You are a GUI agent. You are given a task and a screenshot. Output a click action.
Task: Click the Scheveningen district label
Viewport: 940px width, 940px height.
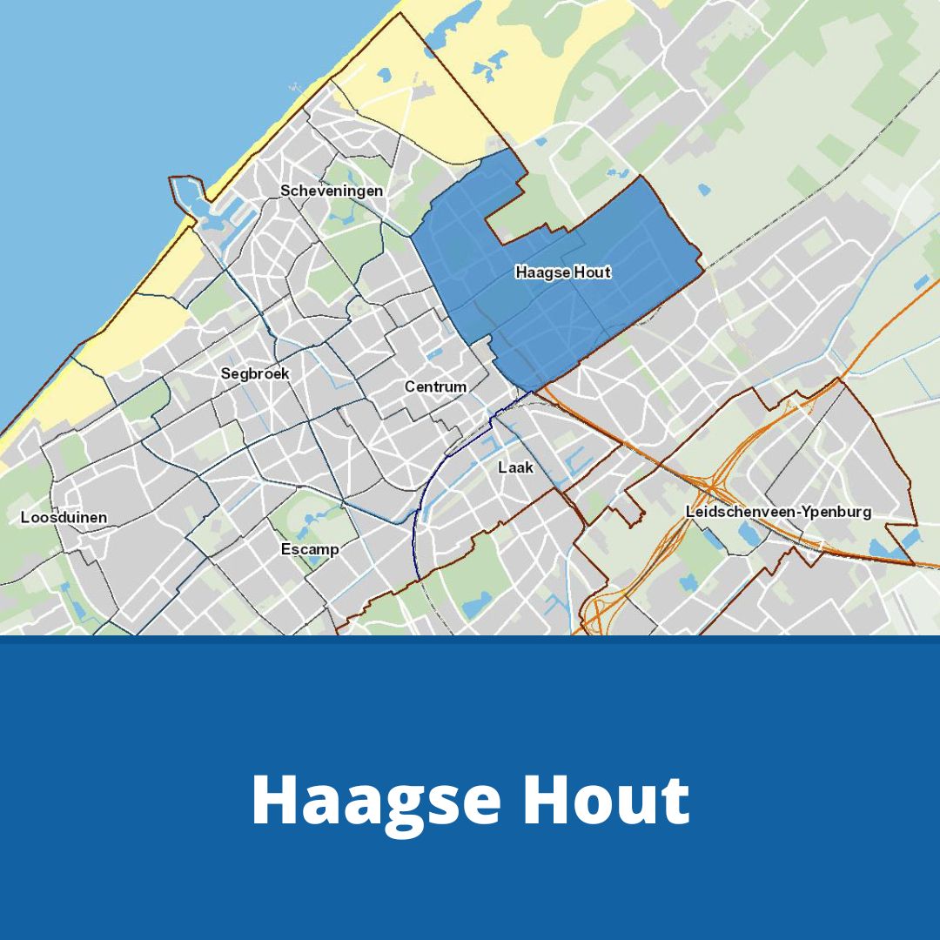pyautogui.click(x=331, y=191)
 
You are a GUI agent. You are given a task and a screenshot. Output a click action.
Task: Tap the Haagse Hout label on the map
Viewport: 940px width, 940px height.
pyautogui.click(x=563, y=272)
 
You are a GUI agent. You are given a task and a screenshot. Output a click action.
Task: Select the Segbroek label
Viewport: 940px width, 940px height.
pyautogui.click(x=254, y=373)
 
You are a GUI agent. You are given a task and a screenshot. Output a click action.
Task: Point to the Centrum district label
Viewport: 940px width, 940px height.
pyautogui.click(x=435, y=386)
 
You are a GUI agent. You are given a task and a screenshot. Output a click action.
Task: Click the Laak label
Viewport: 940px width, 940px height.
pyautogui.click(x=515, y=467)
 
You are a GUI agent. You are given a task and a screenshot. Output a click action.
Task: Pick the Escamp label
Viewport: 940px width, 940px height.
pyautogui.click(x=309, y=550)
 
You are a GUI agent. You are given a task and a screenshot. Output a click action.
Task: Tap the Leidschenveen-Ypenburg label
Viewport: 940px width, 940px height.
pyautogui.click(x=778, y=512)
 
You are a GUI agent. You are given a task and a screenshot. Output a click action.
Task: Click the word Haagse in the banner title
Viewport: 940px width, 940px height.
pyautogui.click(x=373, y=800)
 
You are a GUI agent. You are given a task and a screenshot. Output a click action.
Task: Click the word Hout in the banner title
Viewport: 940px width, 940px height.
pyautogui.click(x=606, y=800)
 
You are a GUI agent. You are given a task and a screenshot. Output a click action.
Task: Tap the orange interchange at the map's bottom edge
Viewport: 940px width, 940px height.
pyautogui.click(x=601, y=614)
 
